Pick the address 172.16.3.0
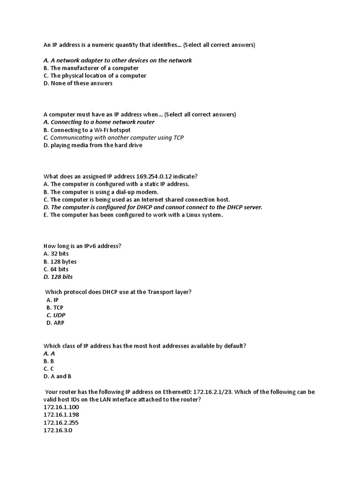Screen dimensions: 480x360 click(x=58, y=430)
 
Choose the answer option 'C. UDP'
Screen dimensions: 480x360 click(x=56, y=315)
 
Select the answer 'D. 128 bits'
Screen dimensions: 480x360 click(x=58, y=277)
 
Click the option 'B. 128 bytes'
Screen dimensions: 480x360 click(x=60, y=262)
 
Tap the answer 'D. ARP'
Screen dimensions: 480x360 click(x=55, y=322)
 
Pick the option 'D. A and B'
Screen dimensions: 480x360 click(x=58, y=376)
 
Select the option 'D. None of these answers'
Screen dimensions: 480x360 click(x=78, y=83)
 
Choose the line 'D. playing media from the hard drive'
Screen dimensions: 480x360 click(x=93, y=145)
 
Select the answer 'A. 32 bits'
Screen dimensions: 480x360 click(x=56, y=254)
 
